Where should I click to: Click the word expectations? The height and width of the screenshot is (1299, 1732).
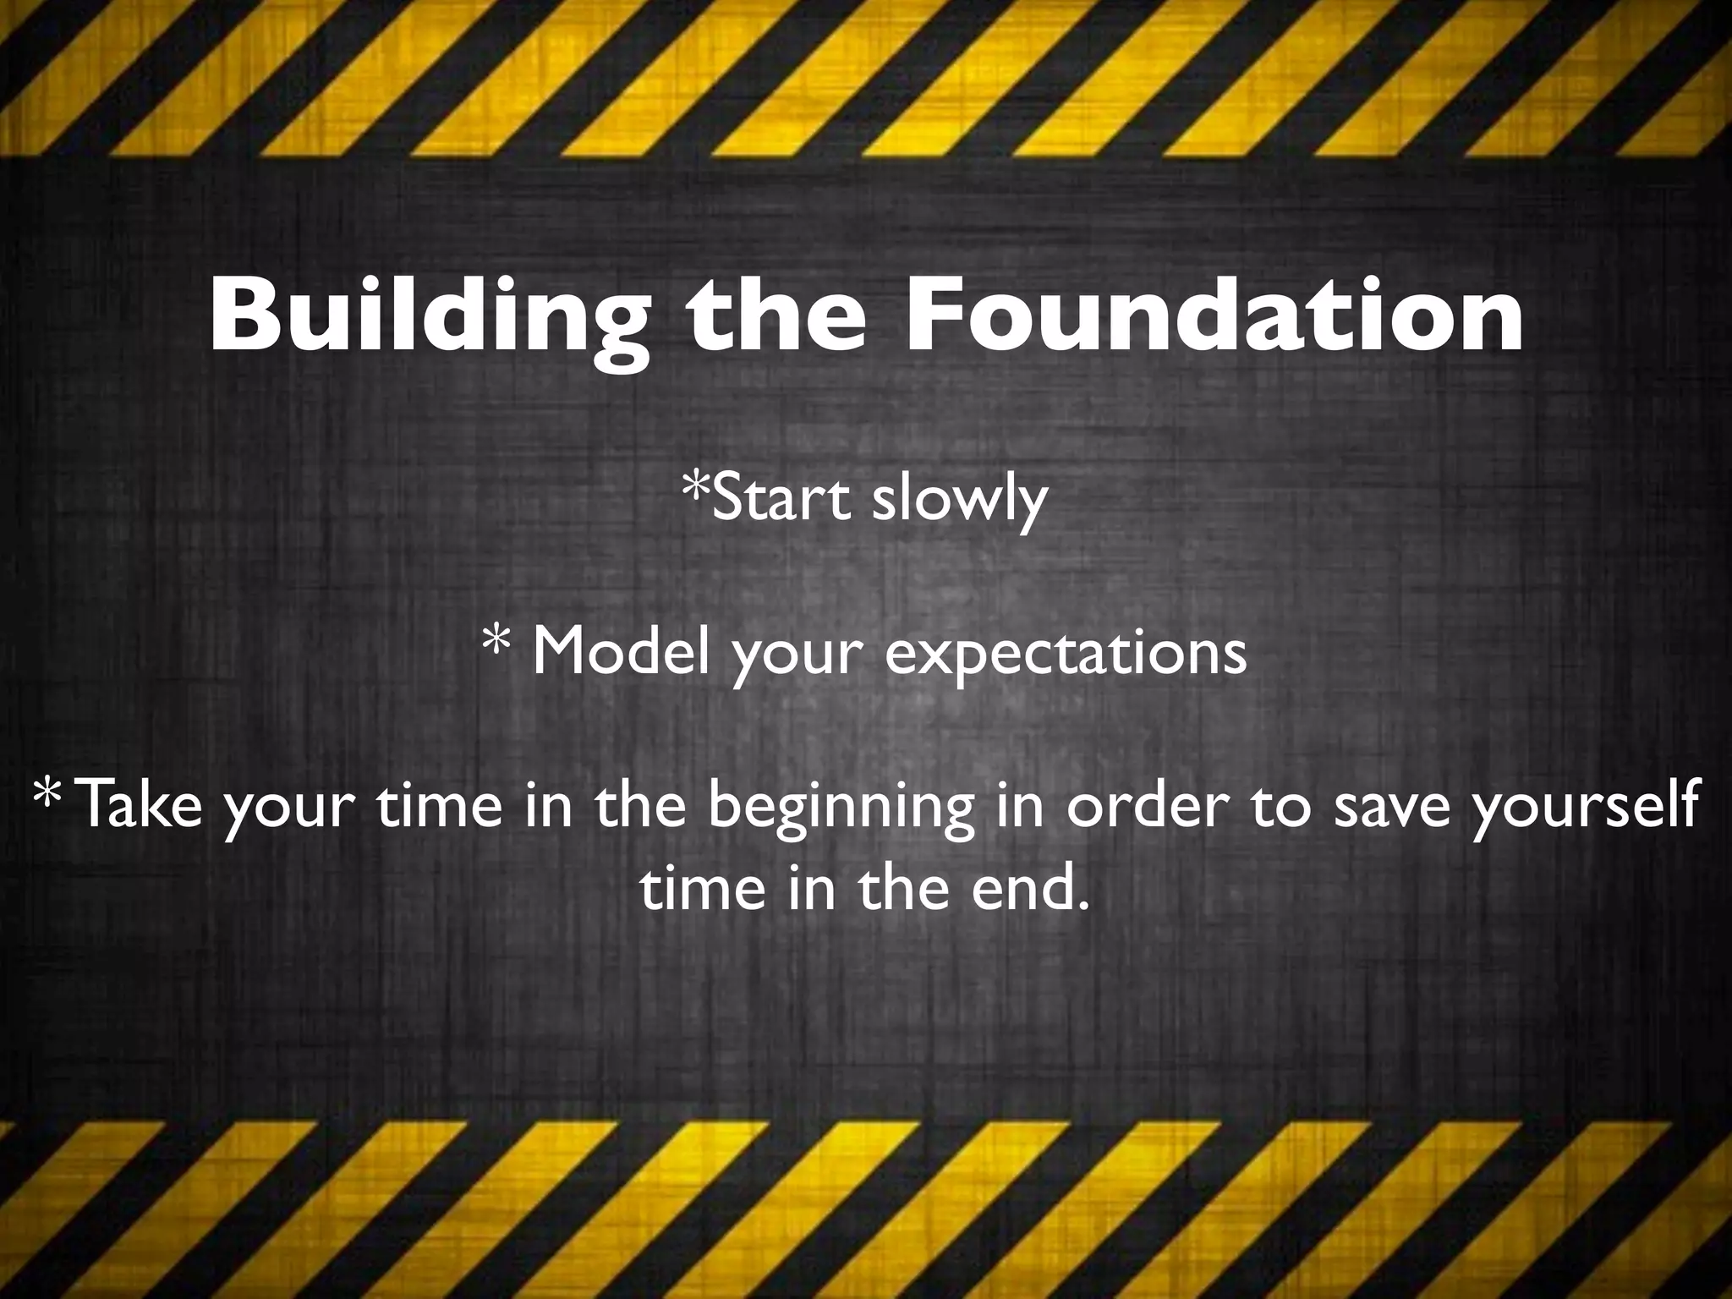(1066, 655)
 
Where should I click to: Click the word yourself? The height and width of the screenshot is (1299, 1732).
(1585, 808)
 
